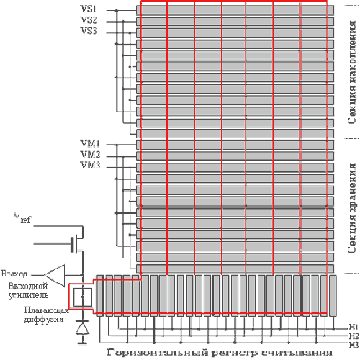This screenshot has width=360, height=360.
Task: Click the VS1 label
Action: pos(89,9)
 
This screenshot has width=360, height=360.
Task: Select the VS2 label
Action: pos(89,20)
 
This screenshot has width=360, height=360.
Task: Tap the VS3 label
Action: pos(89,31)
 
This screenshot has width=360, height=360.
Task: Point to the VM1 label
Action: pos(90,143)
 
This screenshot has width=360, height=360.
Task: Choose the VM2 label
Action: pos(90,154)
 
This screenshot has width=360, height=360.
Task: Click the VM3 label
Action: pos(90,165)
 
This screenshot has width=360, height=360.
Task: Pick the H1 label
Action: pos(354,327)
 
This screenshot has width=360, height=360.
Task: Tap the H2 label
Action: pos(354,336)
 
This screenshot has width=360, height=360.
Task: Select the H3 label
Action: pos(354,345)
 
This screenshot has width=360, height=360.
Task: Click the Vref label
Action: pos(22,217)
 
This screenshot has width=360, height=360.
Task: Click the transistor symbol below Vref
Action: pos(77,244)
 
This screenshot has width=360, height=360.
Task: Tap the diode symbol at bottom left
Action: pos(82,329)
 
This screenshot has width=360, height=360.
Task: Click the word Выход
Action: pos(14,274)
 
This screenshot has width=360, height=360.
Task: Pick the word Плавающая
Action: pos(47,310)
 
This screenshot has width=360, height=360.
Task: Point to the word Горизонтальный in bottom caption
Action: pos(157,353)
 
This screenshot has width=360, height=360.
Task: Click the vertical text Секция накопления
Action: pos(352,72)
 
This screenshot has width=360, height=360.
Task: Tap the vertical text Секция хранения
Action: pos(352,208)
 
